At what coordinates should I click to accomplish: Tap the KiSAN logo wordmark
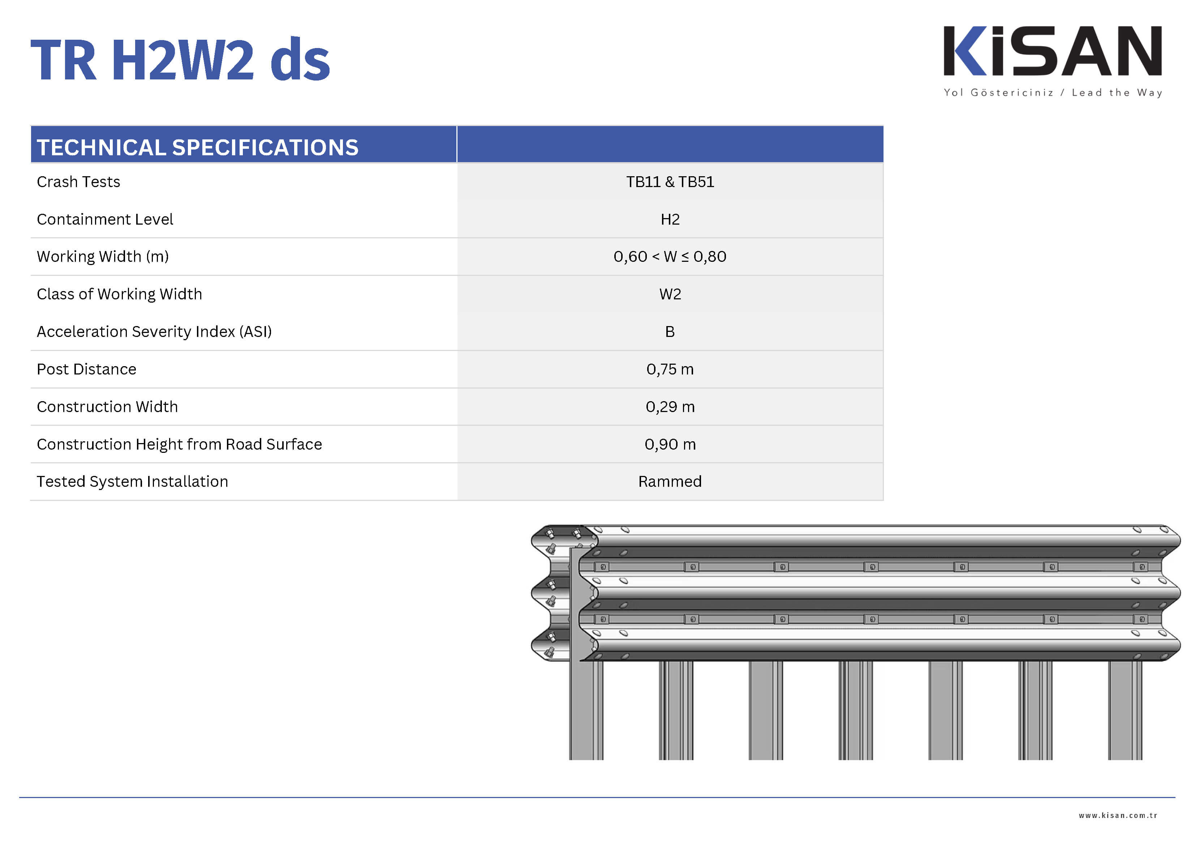(1053, 51)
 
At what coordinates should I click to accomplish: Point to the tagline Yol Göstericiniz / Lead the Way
(1053, 92)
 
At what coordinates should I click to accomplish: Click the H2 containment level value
(670, 219)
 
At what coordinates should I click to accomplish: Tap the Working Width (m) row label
(103, 256)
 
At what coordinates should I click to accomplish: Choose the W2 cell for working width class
(670, 294)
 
